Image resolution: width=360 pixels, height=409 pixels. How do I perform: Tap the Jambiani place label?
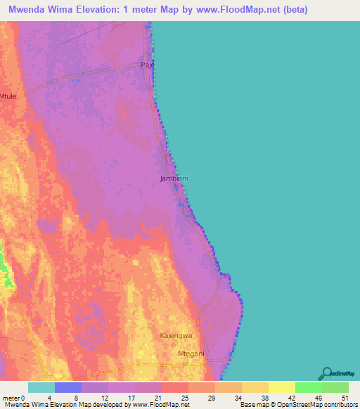pos(174,178)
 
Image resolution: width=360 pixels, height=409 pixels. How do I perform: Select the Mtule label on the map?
pos(8,96)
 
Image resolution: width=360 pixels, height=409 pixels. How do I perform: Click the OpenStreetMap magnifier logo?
pos(328,372)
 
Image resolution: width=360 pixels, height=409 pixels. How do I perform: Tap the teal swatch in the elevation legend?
pos(41,387)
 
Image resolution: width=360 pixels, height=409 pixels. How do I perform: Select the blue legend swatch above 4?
pos(67,387)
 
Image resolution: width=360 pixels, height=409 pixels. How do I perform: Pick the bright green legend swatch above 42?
pos(308,387)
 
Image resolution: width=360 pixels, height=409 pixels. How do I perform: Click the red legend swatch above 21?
pos(174,387)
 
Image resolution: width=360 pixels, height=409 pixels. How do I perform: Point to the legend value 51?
pos(343,397)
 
